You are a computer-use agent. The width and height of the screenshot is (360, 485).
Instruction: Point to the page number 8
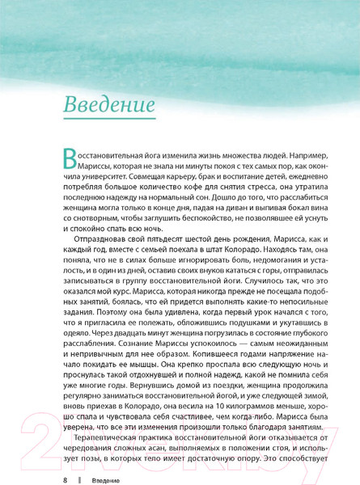click(x=65, y=480)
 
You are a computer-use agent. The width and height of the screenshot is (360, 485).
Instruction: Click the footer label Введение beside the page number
click(x=100, y=480)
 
